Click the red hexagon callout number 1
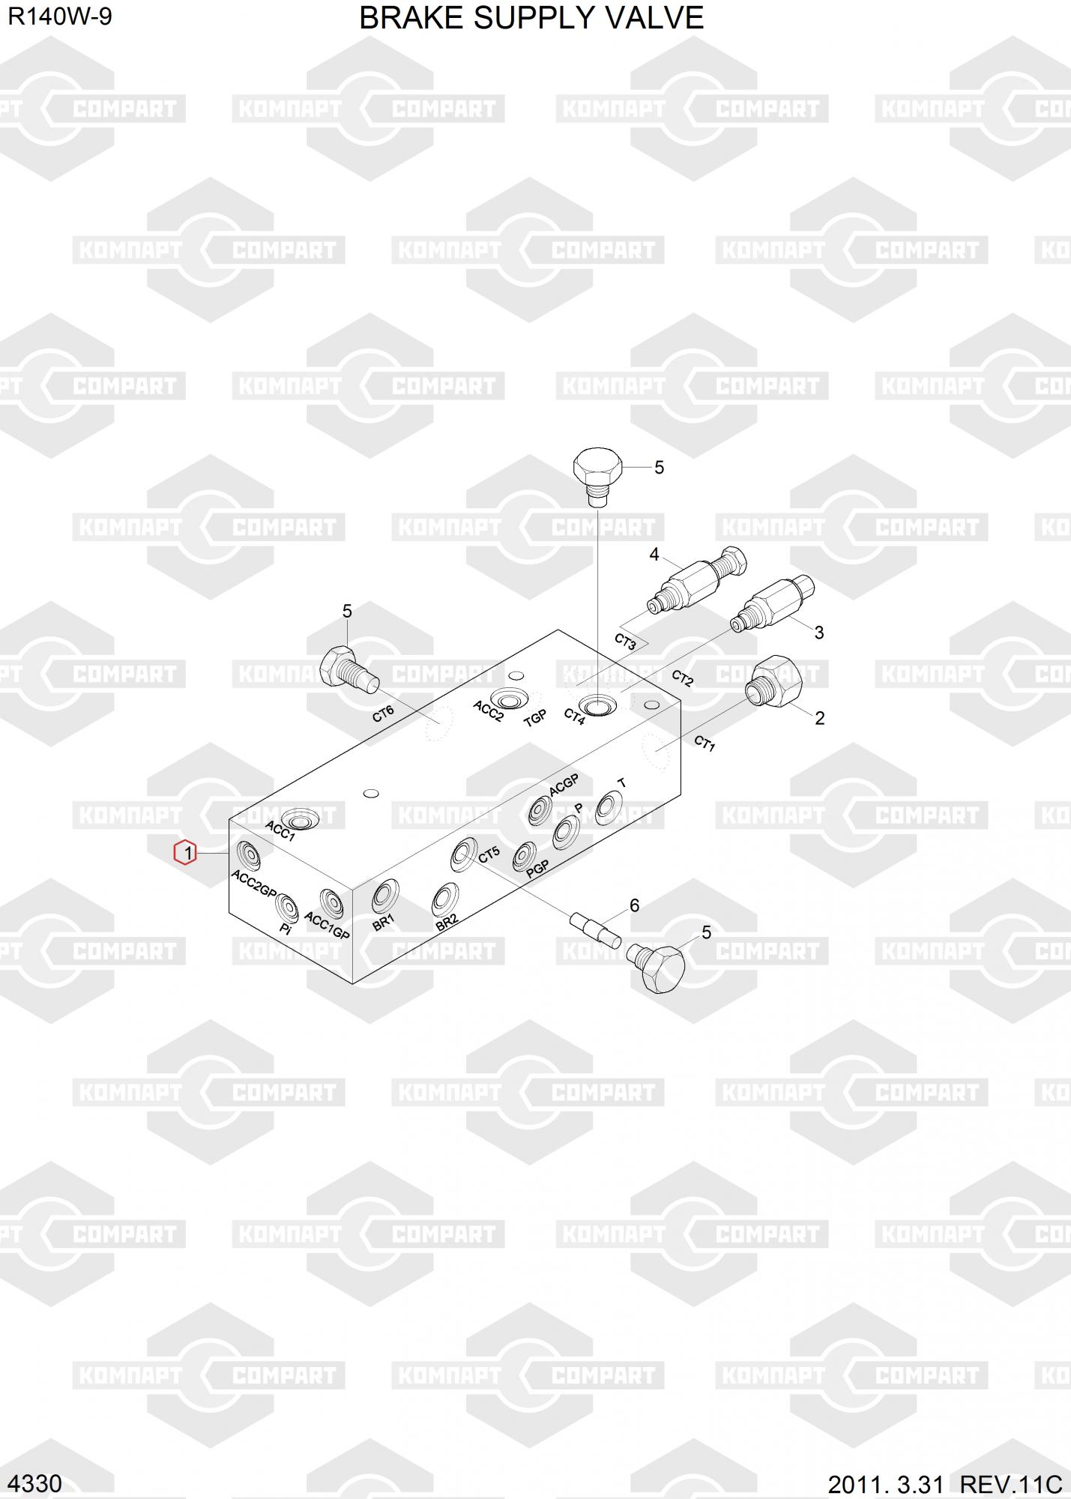[185, 853]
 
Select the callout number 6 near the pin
[634, 905]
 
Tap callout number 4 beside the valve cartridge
[654, 555]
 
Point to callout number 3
[818, 633]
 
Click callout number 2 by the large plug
[819, 718]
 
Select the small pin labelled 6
[594, 929]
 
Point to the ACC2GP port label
[254, 884]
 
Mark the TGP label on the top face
[535, 718]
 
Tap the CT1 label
[705, 744]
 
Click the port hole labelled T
[608, 808]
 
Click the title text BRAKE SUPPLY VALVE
[531, 18]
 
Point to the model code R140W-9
[60, 16]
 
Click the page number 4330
[34, 1483]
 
